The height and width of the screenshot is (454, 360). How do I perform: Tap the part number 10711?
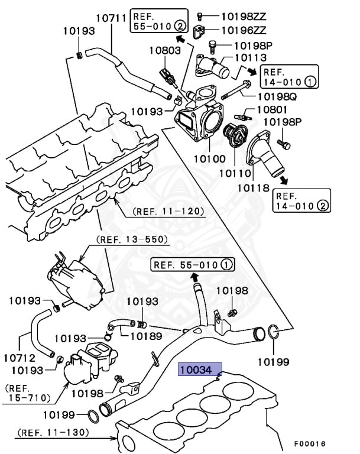click(111, 18)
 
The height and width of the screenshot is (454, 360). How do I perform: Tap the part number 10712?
click(20, 358)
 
